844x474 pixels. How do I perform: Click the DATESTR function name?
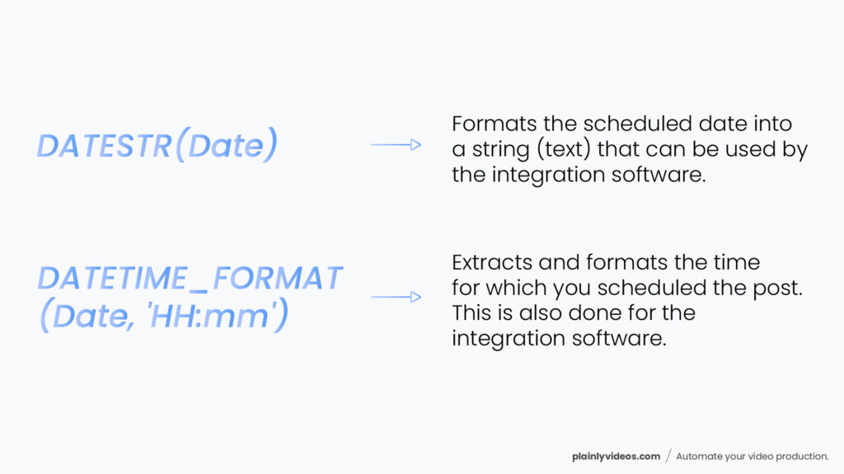(x=104, y=146)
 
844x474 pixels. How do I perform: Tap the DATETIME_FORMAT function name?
(x=189, y=279)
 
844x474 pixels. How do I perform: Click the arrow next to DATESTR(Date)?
(x=396, y=145)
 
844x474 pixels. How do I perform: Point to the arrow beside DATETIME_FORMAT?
(x=396, y=297)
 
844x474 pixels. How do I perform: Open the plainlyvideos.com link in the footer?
(x=617, y=456)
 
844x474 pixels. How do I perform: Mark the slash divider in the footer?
(x=668, y=456)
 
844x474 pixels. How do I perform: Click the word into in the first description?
(x=770, y=124)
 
